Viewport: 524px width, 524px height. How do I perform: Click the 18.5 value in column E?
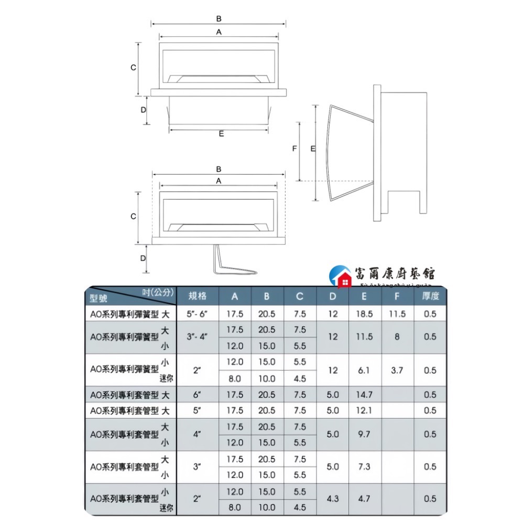click(365, 314)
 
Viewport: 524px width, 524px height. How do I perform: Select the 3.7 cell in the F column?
click(397, 370)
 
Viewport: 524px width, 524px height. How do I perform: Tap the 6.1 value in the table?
click(365, 370)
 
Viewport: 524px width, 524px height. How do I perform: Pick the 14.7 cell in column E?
click(365, 395)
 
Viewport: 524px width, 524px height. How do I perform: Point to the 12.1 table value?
click(365, 410)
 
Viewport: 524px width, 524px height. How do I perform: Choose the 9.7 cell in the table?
click(365, 434)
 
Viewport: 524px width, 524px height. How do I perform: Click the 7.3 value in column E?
click(365, 466)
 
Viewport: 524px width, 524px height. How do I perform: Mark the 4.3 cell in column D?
click(333, 499)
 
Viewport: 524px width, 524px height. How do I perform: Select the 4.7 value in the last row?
click(365, 499)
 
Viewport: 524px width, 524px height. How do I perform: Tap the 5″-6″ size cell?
click(197, 314)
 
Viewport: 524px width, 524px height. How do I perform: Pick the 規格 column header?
click(197, 296)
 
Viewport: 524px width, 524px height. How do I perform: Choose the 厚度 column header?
click(430, 296)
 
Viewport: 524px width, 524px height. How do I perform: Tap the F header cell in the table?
click(397, 296)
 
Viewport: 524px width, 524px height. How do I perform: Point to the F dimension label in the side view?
click(294, 149)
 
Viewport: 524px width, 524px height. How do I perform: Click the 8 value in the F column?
click(397, 336)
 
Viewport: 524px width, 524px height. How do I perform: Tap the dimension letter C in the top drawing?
click(134, 68)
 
